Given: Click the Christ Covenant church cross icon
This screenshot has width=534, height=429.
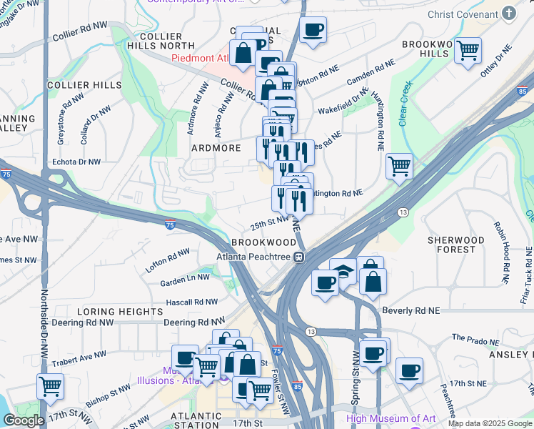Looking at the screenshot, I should [x=508, y=14].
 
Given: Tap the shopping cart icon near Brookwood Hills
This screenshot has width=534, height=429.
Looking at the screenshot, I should [x=468, y=51].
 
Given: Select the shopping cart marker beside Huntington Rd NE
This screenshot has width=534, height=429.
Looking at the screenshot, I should [x=399, y=167].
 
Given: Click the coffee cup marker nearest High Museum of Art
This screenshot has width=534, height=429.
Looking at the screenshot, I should [x=409, y=371].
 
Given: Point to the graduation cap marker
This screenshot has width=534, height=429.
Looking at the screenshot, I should [x=343, y=271].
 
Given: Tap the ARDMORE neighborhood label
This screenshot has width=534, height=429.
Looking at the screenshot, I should [x=216, y=148].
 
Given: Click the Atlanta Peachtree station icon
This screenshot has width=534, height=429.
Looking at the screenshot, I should [x=301, y=257].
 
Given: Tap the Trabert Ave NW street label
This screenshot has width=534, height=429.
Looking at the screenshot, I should [x=80, y=355].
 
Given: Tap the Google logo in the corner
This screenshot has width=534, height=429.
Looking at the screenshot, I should [x=24, y=420].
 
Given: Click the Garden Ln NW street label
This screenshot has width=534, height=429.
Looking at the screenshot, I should [x=185, y=277].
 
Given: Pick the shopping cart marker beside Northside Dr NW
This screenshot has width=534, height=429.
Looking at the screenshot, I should [x=50, y=386].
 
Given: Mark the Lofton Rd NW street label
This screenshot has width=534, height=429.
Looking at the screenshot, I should [x=168, y=252].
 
